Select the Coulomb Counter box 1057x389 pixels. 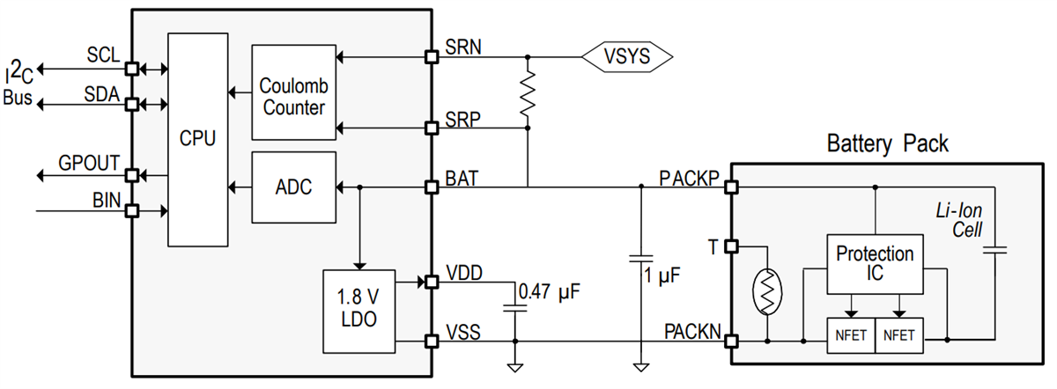pyautogui.click(x=293, y=92)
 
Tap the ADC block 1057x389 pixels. pyautogui.click(x=293, y=187)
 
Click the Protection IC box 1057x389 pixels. pyautogui.click(x=875, y=264)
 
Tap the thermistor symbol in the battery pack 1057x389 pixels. pyautogui.click(x=767, y=290)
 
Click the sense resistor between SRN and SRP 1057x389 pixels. pyautogui.click(x=528, y=92)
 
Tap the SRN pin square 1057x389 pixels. pyautogui.click(x=432, y=57)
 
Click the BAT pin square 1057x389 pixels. pyautogui.click(x=432, y=187)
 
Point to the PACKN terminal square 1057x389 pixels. pyautogui.click(x=731, y=339)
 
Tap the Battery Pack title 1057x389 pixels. pyautogui.click(x=888, y=143)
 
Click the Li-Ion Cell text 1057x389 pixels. pyautogui.click(x=957, y=221)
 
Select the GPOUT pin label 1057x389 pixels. pyautogui.click(x=89, y=163)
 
